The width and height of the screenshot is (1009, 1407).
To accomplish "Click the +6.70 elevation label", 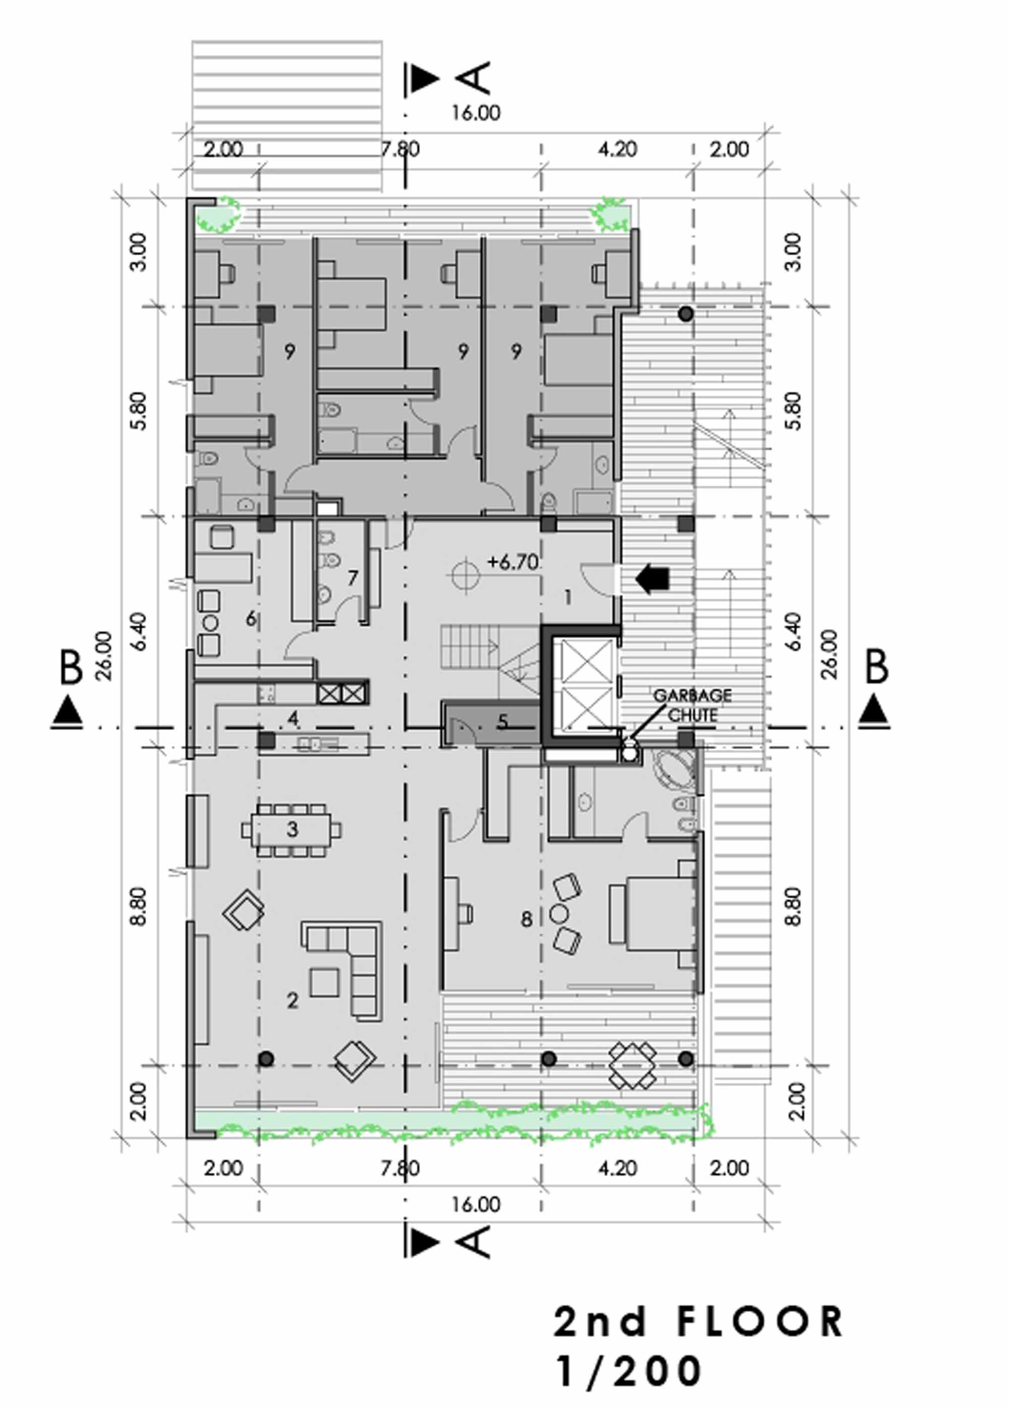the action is tap(513, 562).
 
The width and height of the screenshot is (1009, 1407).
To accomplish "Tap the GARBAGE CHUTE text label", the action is tap(692, 705).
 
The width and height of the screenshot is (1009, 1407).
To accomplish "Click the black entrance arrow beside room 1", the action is tap(652, 579).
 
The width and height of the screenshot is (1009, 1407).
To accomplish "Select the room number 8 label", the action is tap(526, 919).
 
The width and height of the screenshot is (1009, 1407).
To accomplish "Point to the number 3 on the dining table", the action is tap(292, 829).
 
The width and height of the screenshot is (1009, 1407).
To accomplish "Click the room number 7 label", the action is tap(353, 578).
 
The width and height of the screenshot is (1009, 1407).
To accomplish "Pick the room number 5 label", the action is tap(502, 721).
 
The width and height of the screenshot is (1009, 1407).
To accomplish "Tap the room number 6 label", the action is tap(251, 618).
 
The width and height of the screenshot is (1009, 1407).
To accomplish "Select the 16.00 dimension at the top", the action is tap(476, 113).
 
